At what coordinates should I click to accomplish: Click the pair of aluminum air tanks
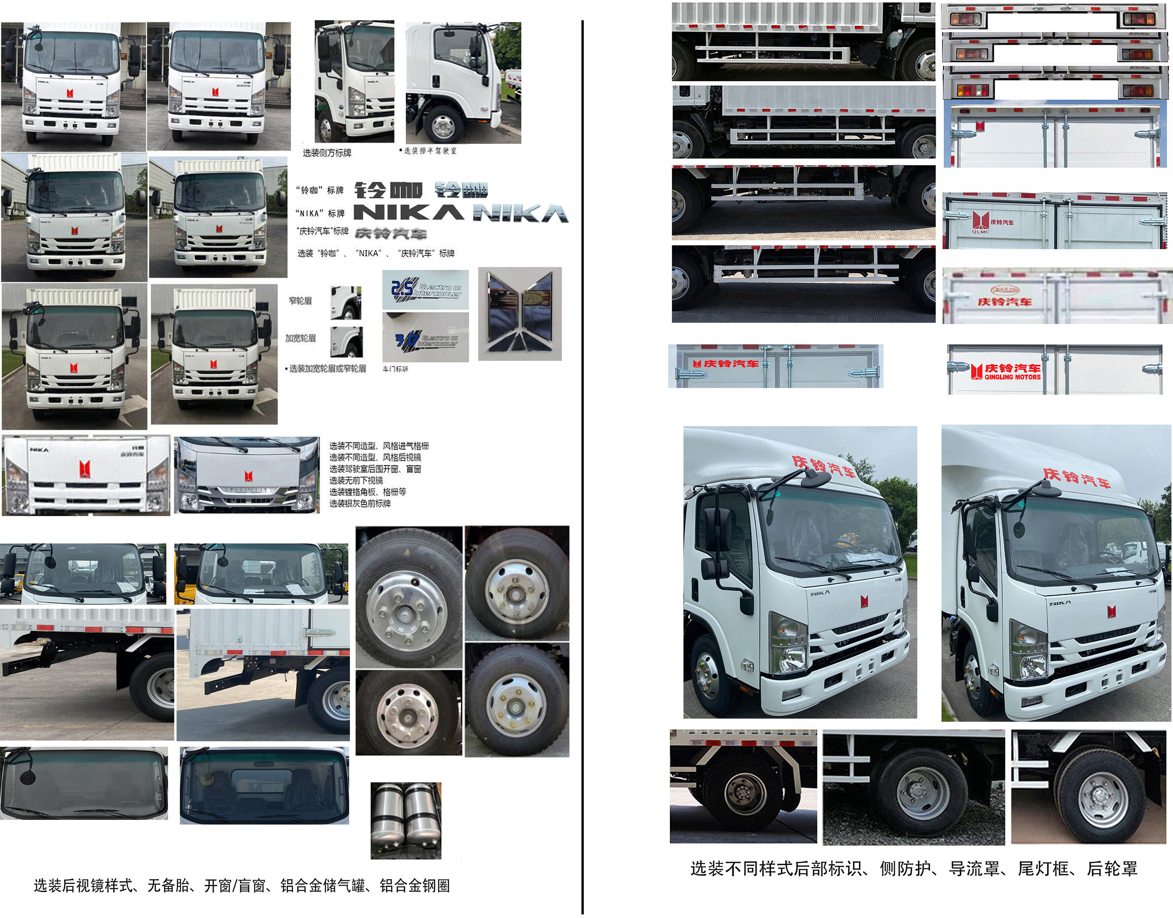[406, 819]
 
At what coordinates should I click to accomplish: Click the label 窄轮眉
[300, 301]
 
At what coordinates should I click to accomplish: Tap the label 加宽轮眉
[300, 338]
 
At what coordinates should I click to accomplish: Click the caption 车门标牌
[395, 369]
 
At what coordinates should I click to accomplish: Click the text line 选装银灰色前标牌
[360, 504]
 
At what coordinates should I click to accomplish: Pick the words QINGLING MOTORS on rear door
[1012, 377]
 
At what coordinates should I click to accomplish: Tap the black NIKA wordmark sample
[409, 213]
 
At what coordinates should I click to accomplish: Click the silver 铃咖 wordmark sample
[461, 189]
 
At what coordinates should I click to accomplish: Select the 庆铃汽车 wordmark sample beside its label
[391, 233]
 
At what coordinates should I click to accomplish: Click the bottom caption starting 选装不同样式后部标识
[913, 869]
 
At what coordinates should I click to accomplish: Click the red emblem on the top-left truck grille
[70, 93]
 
